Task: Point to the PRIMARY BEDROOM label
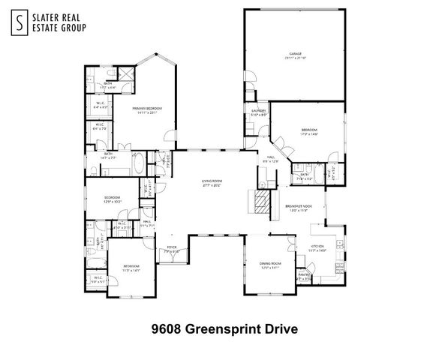(147, 109)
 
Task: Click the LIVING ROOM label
(211, 182)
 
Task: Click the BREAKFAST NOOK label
(298, 208)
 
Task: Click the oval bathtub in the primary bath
(140, 162)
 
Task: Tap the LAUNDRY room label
(259, 112)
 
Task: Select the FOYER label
(171, 248)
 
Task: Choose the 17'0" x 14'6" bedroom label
(309, 132)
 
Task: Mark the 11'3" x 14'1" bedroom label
(131, 268)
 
